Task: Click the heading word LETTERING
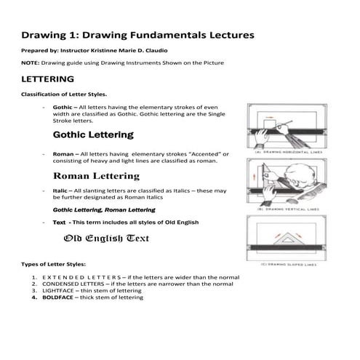49,78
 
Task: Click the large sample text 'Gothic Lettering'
92,135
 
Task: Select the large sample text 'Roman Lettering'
96,176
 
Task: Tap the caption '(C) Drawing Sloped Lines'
288,265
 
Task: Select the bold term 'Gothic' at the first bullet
63,107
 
